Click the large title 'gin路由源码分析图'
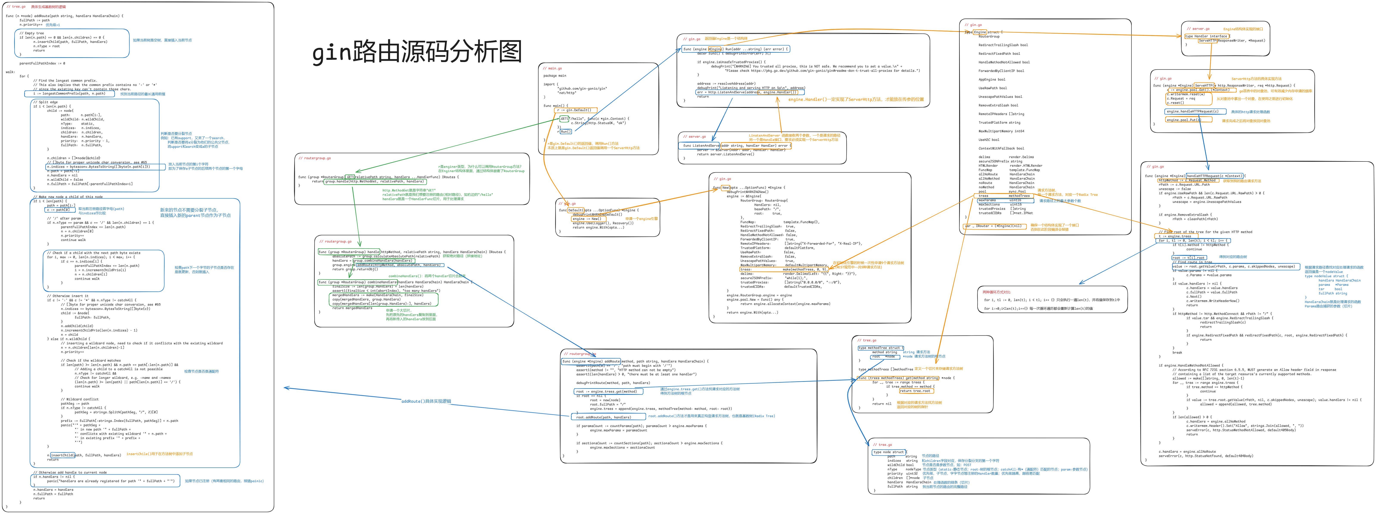coord(417,52)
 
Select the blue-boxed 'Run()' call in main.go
coord(565,131)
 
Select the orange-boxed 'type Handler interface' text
coord(1206,36)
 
